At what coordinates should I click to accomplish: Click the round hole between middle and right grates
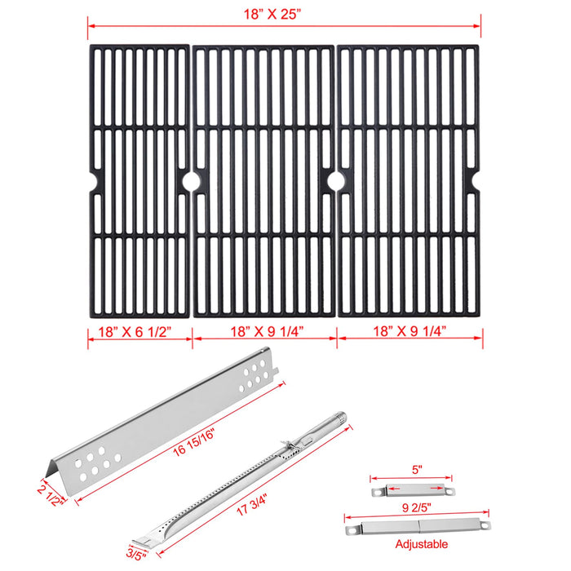point(336,180)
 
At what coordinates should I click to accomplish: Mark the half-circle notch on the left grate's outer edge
point(91,179)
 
